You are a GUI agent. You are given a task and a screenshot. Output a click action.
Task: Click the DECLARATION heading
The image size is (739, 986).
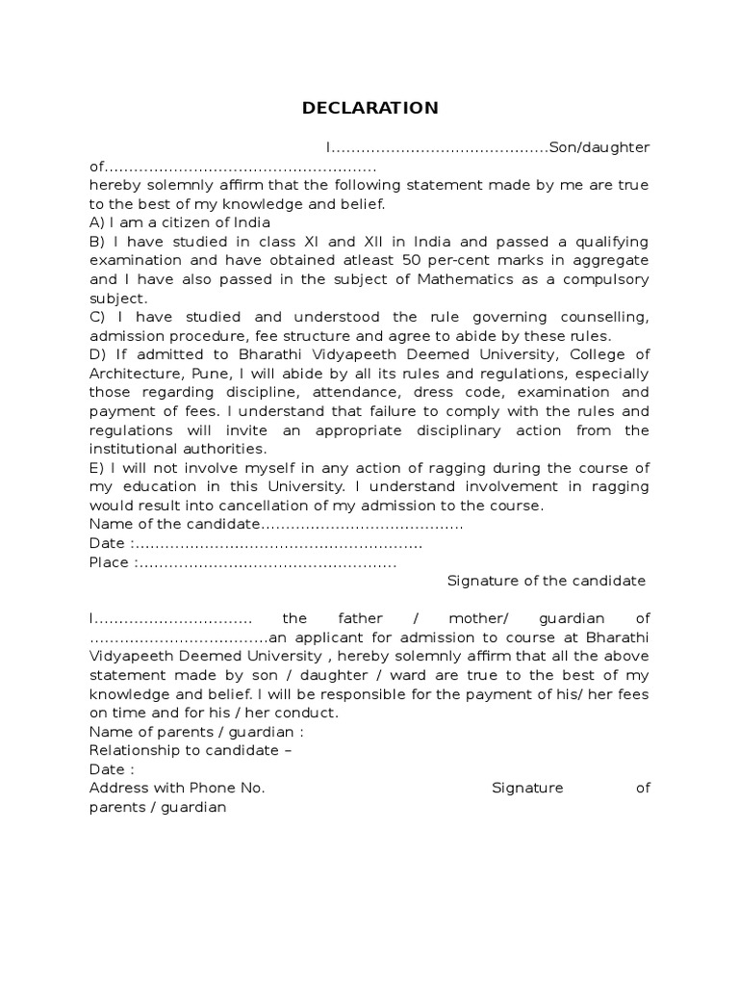(x=369, y=108)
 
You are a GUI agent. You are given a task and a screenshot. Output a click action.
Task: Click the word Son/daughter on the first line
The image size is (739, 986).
(x=599, y=147)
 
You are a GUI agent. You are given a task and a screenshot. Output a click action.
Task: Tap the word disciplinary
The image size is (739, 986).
(x=446, y=429)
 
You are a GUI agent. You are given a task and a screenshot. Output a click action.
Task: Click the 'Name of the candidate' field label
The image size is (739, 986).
(x=173, y=524)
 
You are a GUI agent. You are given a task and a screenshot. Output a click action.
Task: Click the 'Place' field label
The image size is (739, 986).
(x=108, y=562)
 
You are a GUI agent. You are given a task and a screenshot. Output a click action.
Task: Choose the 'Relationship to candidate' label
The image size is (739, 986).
(x=185, y=750)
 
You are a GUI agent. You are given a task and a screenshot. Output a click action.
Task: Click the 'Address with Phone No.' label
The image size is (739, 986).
(x=176, y=788)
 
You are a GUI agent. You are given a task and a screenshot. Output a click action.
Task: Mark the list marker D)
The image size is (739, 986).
(x=97, y=354)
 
